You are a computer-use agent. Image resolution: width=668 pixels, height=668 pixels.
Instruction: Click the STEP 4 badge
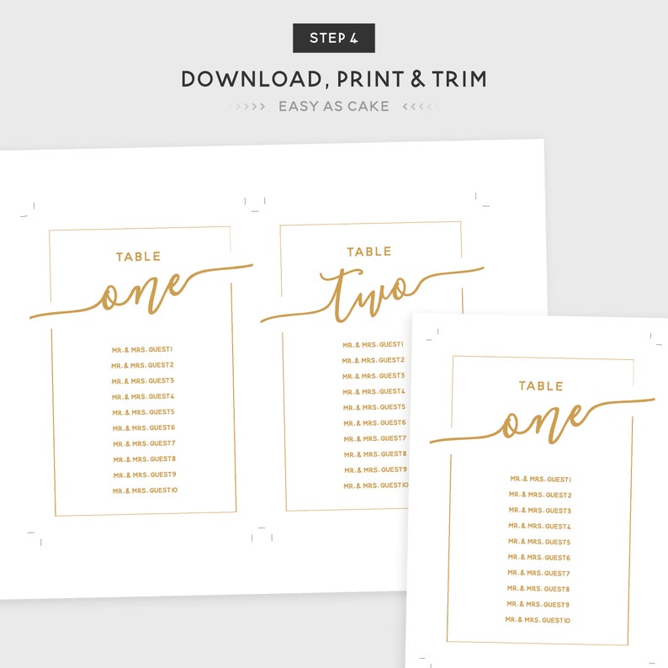click(x=333, y=38)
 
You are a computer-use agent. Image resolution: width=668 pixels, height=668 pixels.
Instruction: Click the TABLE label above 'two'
click(x=368, y=252)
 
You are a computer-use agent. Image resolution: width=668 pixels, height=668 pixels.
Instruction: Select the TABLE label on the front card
click(x=540, y=386)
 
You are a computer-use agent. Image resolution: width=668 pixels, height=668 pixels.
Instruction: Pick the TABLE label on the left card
click(x=138, y=257)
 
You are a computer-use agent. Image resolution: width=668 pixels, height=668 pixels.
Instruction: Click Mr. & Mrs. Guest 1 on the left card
click(x=142, y=349)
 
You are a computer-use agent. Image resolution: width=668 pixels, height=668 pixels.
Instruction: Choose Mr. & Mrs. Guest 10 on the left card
click(x=145, y=490)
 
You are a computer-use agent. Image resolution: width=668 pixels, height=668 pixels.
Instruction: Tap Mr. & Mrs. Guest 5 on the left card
click(x=143, y=412)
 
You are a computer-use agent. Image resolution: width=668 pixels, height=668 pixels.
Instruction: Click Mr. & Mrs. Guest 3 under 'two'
click(x=374, y=376)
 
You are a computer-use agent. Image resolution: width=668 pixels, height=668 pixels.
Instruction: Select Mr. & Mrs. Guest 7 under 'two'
click(x=374, y=438)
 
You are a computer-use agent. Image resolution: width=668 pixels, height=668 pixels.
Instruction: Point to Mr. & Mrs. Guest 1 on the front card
click(x=540, y=479)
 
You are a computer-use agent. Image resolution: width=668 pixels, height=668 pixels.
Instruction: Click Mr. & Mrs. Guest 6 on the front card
click(x=539, y=558)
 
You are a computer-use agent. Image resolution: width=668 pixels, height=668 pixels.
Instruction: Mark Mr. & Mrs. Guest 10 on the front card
click(x=538, y=620)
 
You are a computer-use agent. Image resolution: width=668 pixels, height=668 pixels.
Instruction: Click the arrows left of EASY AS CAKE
click(x=247, y=107)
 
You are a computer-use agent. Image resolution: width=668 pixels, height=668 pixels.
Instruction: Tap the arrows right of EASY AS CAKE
click(x=420, y=107)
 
